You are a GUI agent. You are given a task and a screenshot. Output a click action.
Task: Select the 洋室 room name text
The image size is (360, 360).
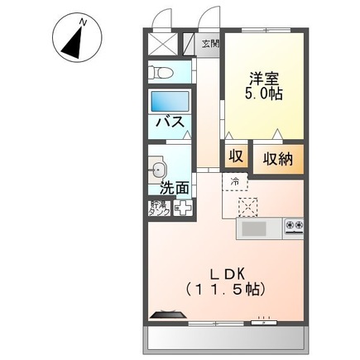click(265, 79)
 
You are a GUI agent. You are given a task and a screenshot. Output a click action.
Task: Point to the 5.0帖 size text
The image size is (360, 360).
click(265, 94)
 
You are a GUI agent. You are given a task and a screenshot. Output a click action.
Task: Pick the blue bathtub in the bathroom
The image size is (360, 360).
click(170, 102)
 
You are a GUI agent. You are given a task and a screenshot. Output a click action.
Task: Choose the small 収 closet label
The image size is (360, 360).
click(235, 157)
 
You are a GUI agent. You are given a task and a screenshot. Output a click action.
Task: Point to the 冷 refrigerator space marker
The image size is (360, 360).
click(235, 181)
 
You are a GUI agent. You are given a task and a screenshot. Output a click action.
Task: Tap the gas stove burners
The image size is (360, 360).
click(294, 226)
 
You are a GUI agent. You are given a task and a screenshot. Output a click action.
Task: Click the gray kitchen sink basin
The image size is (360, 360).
click(254, 228)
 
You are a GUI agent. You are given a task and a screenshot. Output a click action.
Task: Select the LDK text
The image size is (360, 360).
click(228, 273)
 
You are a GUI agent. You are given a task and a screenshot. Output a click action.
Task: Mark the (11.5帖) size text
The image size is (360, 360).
click(228, 291)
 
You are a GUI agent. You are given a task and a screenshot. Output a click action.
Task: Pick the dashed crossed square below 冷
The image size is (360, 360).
click(247, 206)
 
